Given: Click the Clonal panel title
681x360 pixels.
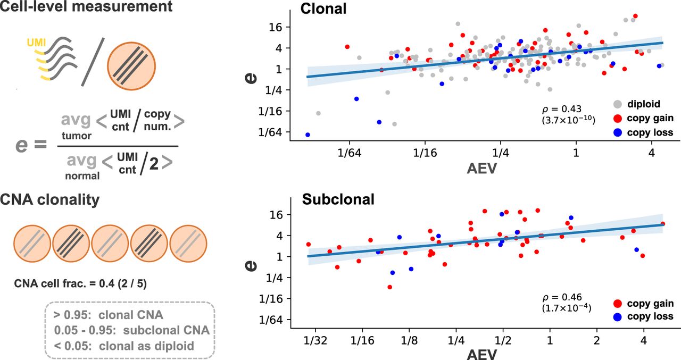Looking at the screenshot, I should [323, 9].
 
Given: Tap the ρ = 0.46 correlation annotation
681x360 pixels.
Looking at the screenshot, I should [565, 298].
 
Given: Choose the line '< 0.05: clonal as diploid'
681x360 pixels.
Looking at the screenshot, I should [123, 346].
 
